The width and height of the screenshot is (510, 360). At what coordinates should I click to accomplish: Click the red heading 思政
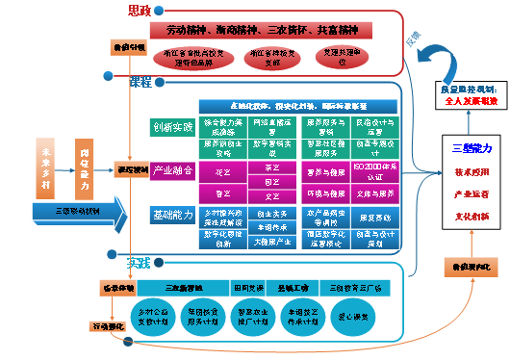click(x=140, y=11)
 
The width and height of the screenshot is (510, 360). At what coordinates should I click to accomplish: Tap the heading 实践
click(x=140, y=262)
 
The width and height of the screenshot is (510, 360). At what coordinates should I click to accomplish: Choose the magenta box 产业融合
click(x=172, y=170)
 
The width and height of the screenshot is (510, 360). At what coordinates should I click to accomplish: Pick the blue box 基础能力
click(x=172, y=213)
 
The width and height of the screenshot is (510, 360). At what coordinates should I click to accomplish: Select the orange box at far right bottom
click(x=470, y=265)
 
